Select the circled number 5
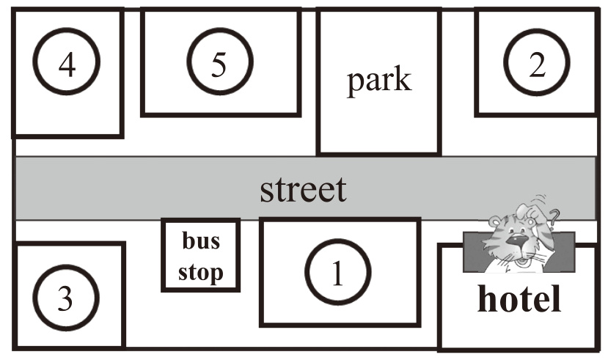219,64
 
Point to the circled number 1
337,273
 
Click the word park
378,80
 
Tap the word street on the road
303,189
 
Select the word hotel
519,299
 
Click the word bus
200,241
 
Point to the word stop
200,272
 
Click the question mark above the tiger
554,216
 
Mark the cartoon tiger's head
517,235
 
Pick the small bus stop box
200,255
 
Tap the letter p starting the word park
354,82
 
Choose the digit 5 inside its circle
219,64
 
